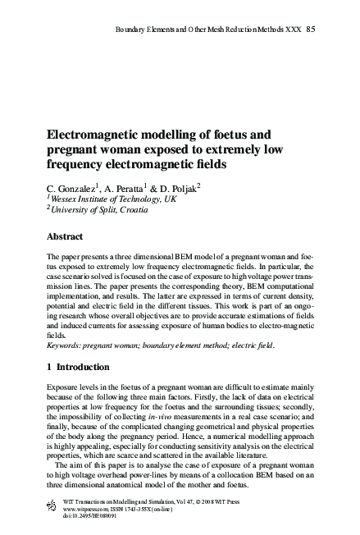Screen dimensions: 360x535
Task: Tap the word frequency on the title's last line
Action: coord(80,164)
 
